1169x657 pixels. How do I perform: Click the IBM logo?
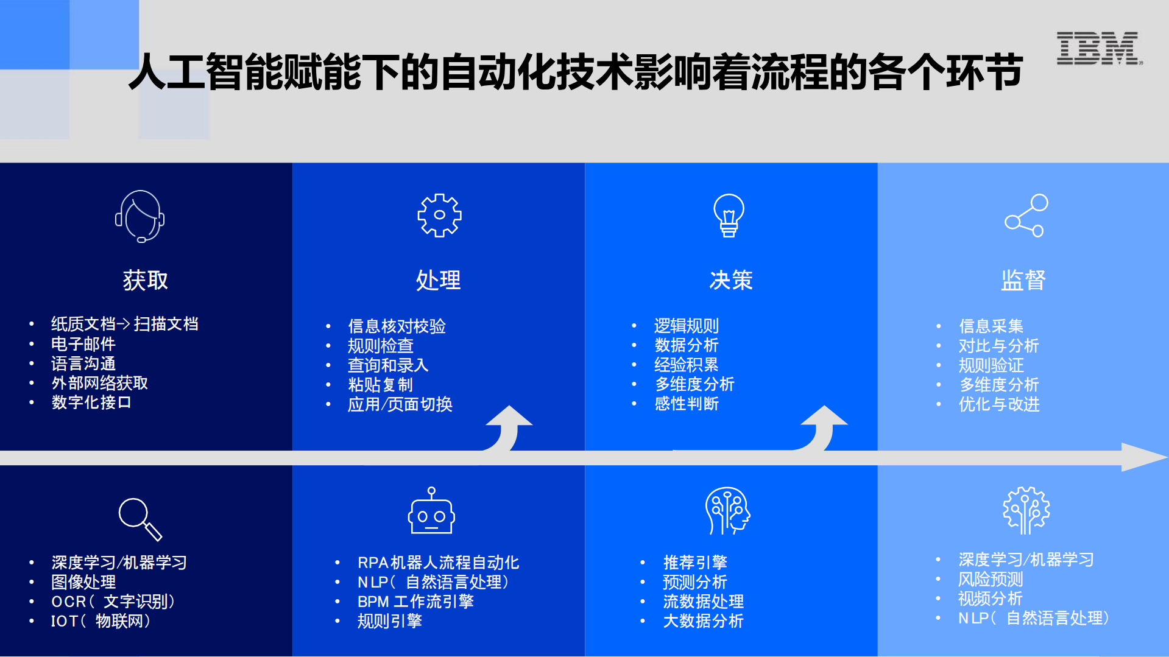pyautogui.click(x=1098, y=49)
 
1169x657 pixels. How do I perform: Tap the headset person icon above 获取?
pyautogui.click(x=140, y=216)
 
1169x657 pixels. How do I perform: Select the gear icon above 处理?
pyautogui.click(x=439, y=215)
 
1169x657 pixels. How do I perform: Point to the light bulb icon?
pyautogui.click(x=729, y=215)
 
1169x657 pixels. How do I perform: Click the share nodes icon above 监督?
pyautogui.click(x=1026, y=216)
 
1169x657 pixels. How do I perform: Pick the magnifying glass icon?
pyautogui.click(x=140, y=519)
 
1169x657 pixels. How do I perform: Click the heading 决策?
pyautogui.click(x=731, y=280)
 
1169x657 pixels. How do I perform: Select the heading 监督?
pyautogui.click(x=1023, y=280)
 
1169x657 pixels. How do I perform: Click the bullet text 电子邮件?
pyautogui.click(x=83, y=344)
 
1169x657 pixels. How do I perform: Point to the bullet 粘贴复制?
pyautogui.click(x=380, y=385)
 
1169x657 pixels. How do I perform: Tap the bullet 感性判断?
pyautogui.click(x=687, y=404)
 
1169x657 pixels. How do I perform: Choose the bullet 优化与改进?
pyautogui.click(x=999, y=404)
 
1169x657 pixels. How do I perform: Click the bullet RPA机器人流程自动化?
pyautogui.click(x=438, y=563)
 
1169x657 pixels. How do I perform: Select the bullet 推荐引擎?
pyautogui.click(x=695, y=563)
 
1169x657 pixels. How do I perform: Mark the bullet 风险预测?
pyautogui.click(x=991, y=579)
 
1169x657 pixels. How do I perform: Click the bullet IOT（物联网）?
pyautogui.click(x=101, y=621)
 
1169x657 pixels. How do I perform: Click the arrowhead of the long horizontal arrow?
pyautogui.click(x=1143, y=457)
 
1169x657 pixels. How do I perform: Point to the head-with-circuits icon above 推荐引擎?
pyautogui.click(x=727, y=510)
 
